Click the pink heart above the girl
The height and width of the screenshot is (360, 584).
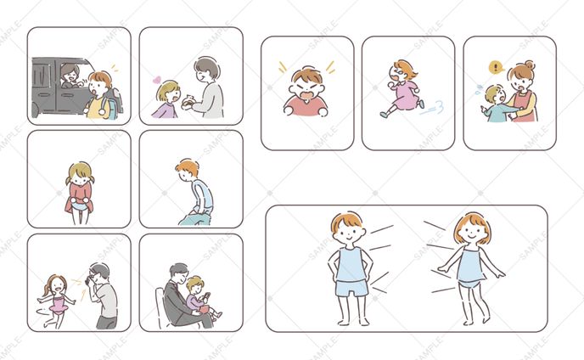(x=157, y=81)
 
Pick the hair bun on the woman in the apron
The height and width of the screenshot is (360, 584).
(x=529, y=65)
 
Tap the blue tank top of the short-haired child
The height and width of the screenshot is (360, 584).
(x=350, y=265)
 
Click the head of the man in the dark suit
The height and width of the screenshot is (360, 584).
(x=179, y=273)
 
